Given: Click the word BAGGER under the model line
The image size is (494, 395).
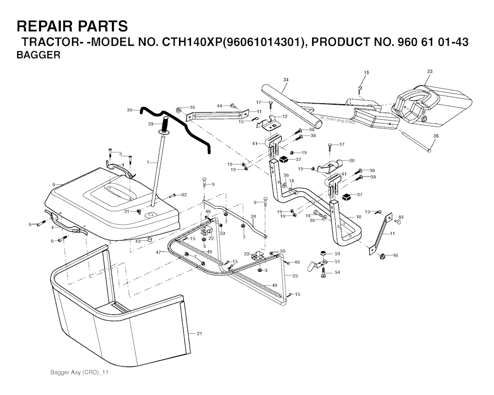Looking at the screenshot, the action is [39, 55].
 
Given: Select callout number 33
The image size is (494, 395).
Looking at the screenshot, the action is [430, 71].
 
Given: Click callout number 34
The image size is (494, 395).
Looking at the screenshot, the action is [286, 80].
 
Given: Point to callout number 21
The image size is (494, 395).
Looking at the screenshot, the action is [199, 334].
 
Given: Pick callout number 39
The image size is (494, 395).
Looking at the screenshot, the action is [129, 110].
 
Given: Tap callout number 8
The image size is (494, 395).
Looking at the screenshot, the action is [54, 184].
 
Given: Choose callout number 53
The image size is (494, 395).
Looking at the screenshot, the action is [337, 254].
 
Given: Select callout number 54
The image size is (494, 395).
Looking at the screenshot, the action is [337, 272].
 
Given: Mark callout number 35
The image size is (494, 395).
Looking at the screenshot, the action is [436, 136].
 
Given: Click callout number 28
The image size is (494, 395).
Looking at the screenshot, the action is [151, 124].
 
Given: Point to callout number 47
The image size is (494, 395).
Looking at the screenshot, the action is [158, 252].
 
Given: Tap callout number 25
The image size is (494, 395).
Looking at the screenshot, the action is [295, 276].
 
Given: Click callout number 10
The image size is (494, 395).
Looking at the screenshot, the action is [358, 217].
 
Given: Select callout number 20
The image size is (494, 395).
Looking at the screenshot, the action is [352, 160].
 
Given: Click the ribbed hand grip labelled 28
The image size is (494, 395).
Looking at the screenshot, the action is [165, 125].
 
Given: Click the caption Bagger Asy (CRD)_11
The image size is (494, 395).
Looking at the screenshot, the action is [80, 373].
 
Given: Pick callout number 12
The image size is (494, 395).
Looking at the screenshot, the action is [285, 117].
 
